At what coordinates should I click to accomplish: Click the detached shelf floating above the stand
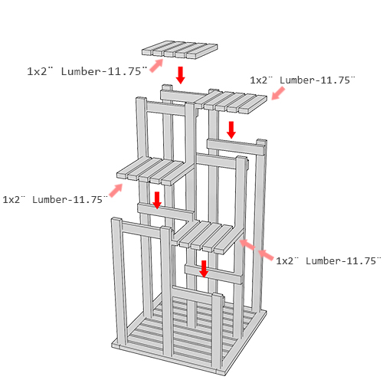(x=180, y=50)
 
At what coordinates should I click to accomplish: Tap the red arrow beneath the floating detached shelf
(x=181, y=75)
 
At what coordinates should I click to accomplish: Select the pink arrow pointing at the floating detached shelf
(x=156, y=65)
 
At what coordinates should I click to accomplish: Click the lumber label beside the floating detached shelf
(x=87, y=71)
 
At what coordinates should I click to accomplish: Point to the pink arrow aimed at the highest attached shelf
(x=278, y=93)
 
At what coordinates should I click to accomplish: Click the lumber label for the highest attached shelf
(x=303, y=80)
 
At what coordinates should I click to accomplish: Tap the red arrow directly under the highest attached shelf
(x=231, y=130)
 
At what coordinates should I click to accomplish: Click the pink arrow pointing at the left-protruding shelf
(x=116, y=190)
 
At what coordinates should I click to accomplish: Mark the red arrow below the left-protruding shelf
(x=157, y=201)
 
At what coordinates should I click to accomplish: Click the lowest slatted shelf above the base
(x=208, y=237)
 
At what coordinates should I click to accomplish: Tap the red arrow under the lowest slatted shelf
(x=204, y=269)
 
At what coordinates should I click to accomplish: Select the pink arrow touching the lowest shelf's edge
(x=247, y=244)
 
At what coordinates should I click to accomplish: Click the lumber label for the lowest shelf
(x=329, y=260)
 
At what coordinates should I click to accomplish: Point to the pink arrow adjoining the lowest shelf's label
(x=266, y=255)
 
